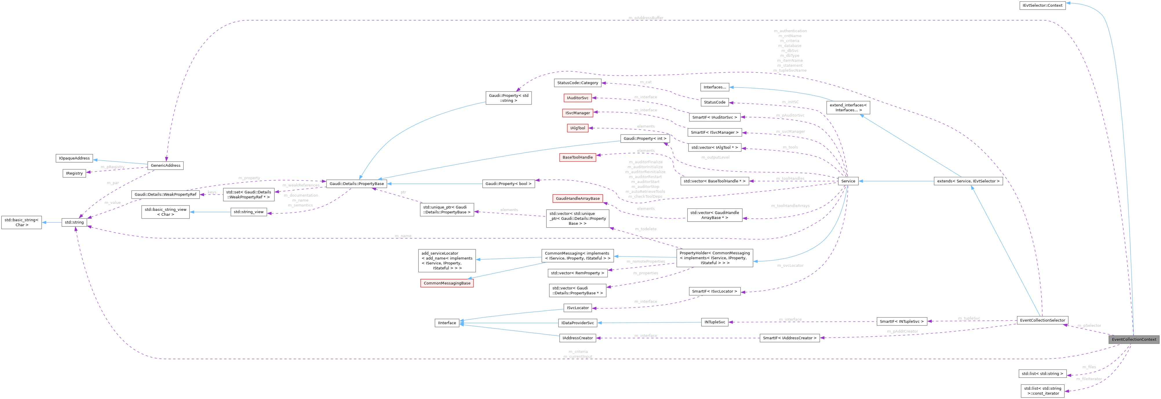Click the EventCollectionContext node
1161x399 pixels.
coord(1133,339)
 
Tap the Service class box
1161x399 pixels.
coord(848,181)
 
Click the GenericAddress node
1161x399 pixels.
coord(165,166)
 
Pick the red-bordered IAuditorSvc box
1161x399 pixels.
coord(577,98)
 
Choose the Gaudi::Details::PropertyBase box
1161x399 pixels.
coord(356,184)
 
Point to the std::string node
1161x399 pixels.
coord(74,222)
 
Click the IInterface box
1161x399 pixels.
coord(447,323)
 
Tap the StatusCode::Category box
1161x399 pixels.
coord(577,83)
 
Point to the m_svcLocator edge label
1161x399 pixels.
coord(790,266)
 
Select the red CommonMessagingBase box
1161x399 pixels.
coord(447,283)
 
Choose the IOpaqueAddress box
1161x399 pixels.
coord(74,158)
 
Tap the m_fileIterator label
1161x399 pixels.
coord(1089,379)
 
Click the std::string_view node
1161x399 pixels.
coord(248,212)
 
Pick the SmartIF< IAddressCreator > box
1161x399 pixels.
coord(790,338)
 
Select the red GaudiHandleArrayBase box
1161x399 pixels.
coord(577,198)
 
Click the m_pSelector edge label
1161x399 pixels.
coord(1089,326)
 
